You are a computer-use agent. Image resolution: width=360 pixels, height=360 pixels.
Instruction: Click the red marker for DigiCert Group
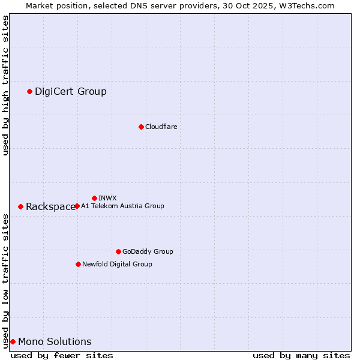click(29, 91)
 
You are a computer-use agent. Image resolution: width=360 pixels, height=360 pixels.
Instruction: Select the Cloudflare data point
click(141, 127)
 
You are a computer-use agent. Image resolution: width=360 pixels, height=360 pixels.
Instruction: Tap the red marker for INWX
click(94, 198)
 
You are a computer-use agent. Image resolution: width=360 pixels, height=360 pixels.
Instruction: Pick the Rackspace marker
click(20, 206)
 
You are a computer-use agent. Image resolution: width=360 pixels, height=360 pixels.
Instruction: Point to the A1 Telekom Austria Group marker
click(77, 206)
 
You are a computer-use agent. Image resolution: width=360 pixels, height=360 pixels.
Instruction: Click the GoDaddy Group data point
click(118, 251)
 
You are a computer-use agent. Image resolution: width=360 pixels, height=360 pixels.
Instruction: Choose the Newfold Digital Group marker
click(78, 264)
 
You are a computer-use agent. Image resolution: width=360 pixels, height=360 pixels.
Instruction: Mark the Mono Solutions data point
click(13, 341)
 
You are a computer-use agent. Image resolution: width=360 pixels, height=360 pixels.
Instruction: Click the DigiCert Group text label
click(71, 91)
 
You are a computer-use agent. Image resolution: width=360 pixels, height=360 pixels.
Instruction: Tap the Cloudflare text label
click(161, 127)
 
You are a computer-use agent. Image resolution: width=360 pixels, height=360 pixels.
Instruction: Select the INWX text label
click(107, 198)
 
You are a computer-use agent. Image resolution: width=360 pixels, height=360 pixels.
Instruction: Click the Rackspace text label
click(50, 206)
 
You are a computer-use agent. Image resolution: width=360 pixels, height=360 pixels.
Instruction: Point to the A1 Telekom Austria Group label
click(122, 206)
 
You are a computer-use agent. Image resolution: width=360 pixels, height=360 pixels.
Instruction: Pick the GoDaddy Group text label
click(148, 251)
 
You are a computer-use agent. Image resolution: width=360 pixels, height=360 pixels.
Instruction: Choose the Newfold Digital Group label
click(117, 264)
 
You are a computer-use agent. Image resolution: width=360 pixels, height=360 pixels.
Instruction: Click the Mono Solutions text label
click(55, 341)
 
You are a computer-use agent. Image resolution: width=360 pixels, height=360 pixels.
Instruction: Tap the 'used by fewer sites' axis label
click(62, 355)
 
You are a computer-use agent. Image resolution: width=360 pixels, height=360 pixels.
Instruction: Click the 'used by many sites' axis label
click(301, 355)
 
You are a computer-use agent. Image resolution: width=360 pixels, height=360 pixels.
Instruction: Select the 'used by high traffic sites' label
click(5, 85)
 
